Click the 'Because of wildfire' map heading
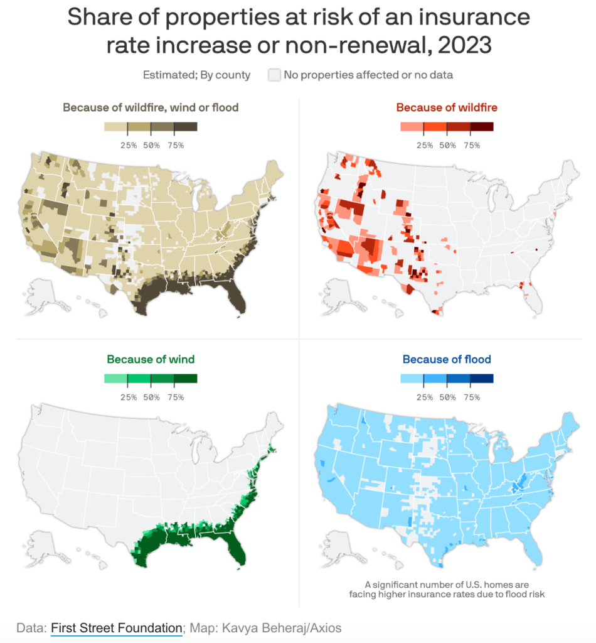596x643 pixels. pyautogui.click(x=447, y=107)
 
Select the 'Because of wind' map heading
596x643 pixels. pyautogui.click(x=151, y=359)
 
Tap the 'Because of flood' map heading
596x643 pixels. pyautogui.click(x=447, y=359)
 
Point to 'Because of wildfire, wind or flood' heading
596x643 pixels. pyautogui.click(x=151, y=107)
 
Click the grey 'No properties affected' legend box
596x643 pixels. pyautogui.click(x=274, y=75)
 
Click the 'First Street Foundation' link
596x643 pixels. pyautogui.click(x=117, y=627)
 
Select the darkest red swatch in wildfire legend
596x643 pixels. pyautogui.click(x=482, y=127)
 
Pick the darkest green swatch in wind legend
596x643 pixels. pyautogui.click(x=186, y=379)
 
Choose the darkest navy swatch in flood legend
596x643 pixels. pyautogui.click(x=482, y=379)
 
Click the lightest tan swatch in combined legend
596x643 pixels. pyautogui.click(x=116, y=127)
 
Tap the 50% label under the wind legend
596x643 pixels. pyautogui.click(x=151, y=397)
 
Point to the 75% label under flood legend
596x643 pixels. pyautogui.click(x=471, y=397)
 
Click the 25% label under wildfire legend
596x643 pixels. pyautogui.click(x=425, y=145)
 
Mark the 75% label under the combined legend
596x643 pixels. pyautogui.click(x=175, y=145)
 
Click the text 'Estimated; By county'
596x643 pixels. pyautogui.click(x=196, y=75)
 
